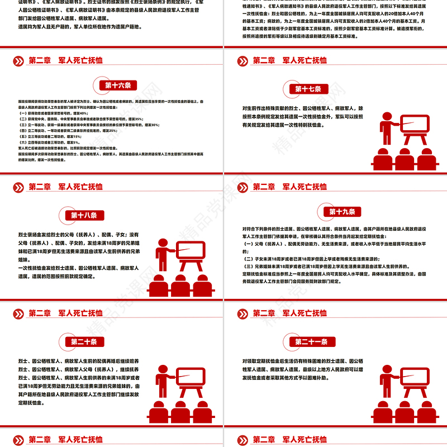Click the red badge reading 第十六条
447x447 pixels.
[x=118, y=85]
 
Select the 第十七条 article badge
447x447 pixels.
[x=308, y=89]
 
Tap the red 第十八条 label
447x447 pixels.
[x=84, y=216]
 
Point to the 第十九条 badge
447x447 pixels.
[x=342, y=211]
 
